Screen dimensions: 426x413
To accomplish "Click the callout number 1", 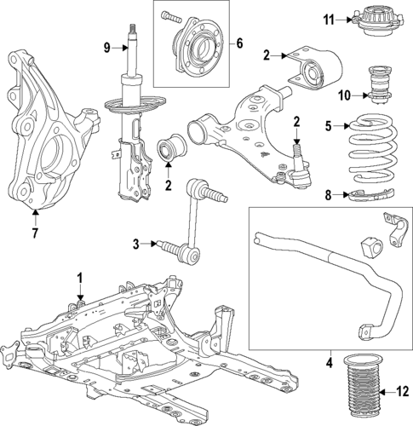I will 80,278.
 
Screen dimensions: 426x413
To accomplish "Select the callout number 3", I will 135,245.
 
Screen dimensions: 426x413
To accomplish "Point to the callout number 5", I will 328,126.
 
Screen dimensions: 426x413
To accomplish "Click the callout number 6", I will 239,43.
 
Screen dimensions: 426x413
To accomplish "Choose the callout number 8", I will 329,195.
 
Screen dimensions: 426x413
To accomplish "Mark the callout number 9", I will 107,48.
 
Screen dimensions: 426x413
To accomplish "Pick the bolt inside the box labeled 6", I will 171,14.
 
